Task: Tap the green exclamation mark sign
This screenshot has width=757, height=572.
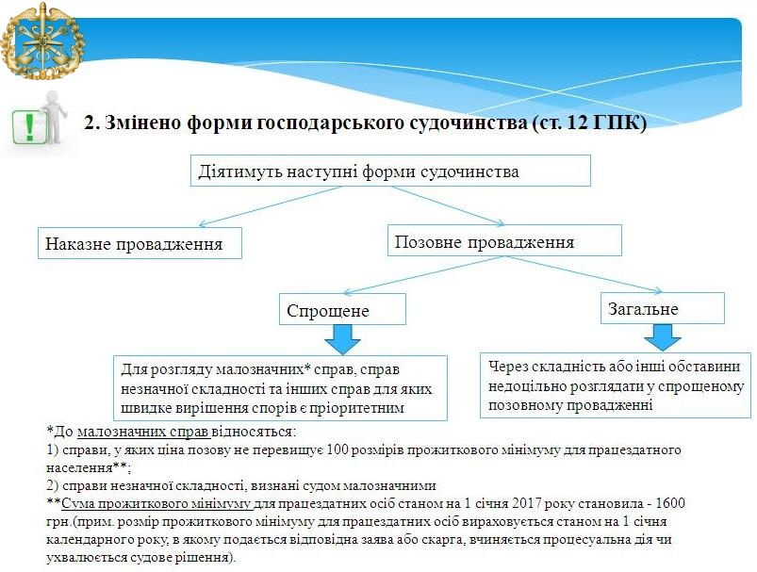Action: coord(29,126)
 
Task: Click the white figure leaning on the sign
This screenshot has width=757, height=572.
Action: coord(54,117)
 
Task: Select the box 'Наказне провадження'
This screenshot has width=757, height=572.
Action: coord(140,243)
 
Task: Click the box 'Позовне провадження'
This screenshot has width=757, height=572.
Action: coord(504,240)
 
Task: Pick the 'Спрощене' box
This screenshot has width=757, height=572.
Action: coord(342,309)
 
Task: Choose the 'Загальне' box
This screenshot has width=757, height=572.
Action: coord(663,308)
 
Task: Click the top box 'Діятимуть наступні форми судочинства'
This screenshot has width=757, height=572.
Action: coord(390,171)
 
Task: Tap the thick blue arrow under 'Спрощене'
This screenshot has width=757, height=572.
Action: coord(342,339)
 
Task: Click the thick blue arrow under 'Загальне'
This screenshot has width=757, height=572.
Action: coord(663,337)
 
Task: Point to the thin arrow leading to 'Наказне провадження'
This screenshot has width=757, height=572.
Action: coord(271,206)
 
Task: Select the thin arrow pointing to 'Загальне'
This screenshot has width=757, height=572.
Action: coord(583,274)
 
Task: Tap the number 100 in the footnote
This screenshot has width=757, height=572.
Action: coord(337,449)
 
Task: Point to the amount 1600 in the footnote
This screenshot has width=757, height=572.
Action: coord(670,503)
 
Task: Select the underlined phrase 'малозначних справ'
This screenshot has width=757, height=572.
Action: coord(143,432)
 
